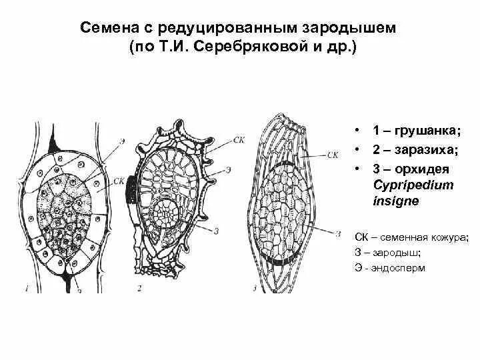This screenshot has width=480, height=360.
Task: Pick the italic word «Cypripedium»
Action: (407, 185)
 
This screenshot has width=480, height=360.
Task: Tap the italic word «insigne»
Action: (395, 201)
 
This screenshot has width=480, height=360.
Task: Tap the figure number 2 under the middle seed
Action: (139, 289)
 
